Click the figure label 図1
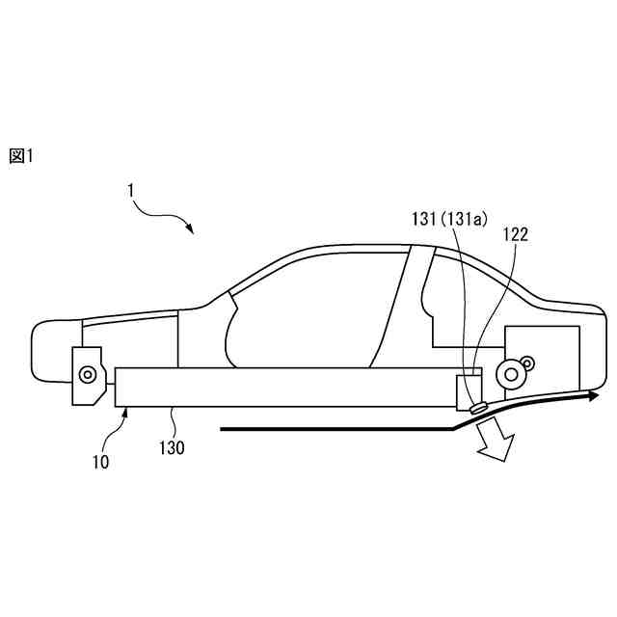(x=20, y=156)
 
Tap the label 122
(x=515, y=233)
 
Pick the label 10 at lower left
(x=100, y=461)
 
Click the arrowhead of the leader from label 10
(x=126, y=410)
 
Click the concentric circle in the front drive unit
(x=88, y=372)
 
